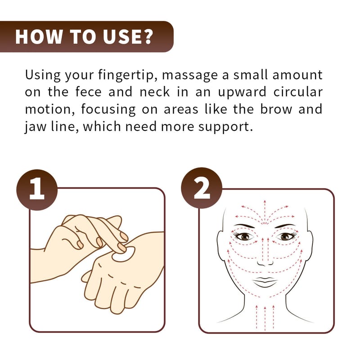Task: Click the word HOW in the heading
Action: click(x=39, y=36)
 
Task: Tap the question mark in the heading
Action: click(x=146, y=36)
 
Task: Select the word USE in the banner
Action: click(x=121, y=36)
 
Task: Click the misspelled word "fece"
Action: click(x=88, y=92)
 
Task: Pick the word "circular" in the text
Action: click(x=298, y=92)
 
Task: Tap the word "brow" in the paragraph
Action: click(x=276, y=109)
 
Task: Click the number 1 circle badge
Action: click(x=37, y=190)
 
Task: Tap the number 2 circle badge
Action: click(x=202, y=188)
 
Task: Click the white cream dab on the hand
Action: click(x=123, y=254)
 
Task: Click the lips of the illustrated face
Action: click(x=265, y=282)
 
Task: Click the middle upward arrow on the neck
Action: click(x=265, y=319)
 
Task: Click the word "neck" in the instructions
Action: click(x=155, y=92)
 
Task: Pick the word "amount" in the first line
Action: click(x=297, y=75)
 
